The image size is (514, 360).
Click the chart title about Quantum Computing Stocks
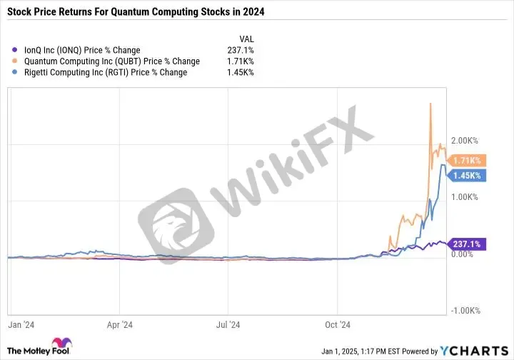pos(136,12)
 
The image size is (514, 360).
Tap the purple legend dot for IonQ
pos(14,50)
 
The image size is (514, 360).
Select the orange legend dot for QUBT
pos(14,61)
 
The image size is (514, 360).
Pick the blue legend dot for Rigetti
pos(14,72)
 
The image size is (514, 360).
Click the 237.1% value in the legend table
pos(241,50)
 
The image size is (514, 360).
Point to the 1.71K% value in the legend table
pos(241,61)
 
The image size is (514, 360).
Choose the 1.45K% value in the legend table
pos(241,72)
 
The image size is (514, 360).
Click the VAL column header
pos(246,39)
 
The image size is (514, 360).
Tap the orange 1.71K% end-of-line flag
pos(466,160)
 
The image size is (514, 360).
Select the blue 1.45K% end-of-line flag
pos(466,176)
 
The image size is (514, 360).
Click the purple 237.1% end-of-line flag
pos(466,244)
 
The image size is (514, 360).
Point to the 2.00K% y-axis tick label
pos(465,141)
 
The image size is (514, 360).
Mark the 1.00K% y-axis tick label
pos(465,197)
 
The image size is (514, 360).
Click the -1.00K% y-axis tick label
pos(465,311)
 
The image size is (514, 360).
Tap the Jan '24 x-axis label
pos(21,324)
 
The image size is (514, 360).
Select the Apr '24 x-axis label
pos(120,324)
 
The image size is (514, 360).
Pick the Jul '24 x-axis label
pos(228,324)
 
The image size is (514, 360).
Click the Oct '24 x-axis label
pos(338,324)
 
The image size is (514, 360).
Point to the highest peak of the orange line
pos(430,104)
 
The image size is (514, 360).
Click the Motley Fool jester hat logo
pos(61,342)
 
